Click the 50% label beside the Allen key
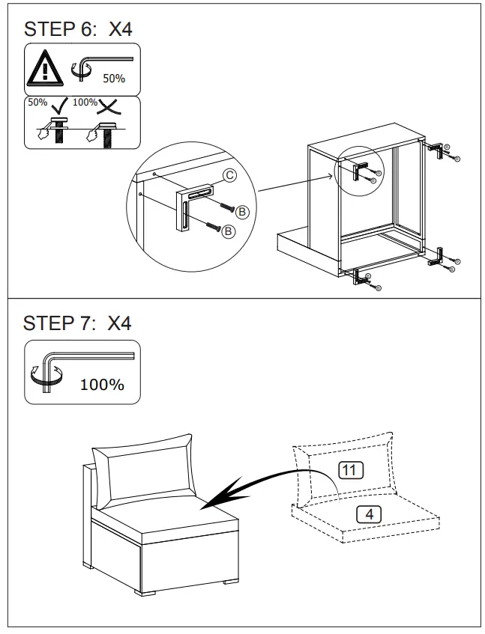pos(114,78)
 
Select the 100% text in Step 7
pos(102,385)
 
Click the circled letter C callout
pos(230,176)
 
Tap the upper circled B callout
pos(241,213)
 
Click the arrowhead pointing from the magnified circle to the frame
pos(329,177)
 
